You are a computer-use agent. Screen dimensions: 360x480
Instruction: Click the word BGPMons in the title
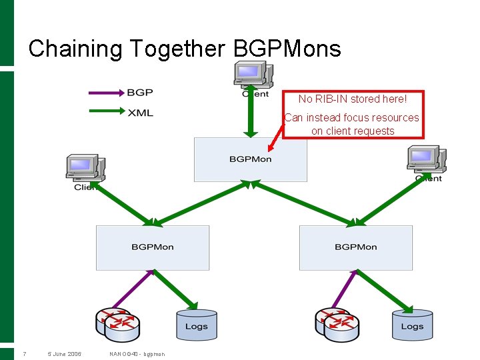tap(287, 49)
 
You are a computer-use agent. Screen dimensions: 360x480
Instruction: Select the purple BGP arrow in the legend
tap(107, 92)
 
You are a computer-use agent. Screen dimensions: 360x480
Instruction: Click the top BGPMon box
tap(250, 159)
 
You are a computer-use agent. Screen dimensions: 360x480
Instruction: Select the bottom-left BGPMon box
tap(152, 247)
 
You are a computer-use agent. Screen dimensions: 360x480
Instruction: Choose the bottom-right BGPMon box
tap(355, 247)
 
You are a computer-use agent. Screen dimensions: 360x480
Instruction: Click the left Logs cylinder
tap(196, 324)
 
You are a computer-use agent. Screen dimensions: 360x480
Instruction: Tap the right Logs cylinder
tap(411, 324)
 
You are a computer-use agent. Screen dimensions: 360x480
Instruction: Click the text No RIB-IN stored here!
tap(352, 99)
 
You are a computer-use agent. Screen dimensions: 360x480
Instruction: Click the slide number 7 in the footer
tap(24, 354)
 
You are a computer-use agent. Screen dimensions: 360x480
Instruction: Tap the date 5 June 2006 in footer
tap(65, 354)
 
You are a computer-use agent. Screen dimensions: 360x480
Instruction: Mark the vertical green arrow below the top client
tap(251, 112)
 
